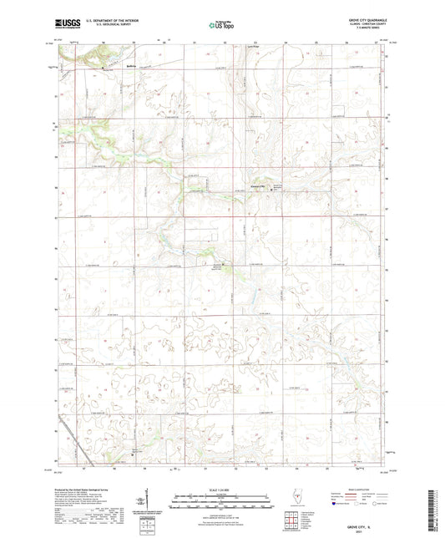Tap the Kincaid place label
(256, 186)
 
